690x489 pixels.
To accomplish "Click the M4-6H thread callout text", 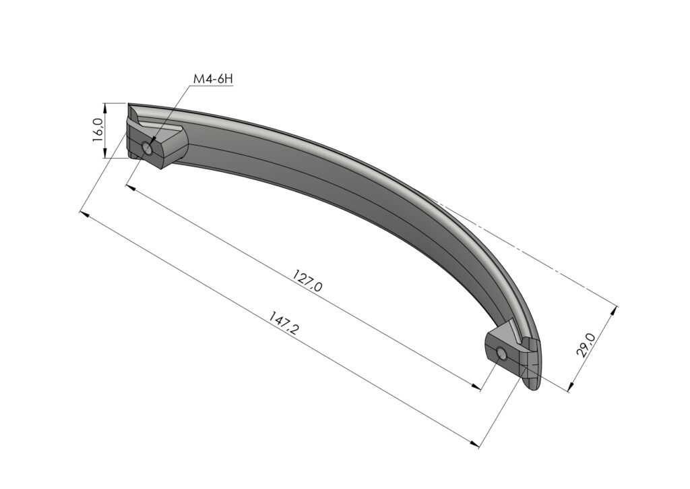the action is pyautogui.click(x=213, y=79).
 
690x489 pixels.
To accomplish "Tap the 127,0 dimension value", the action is pyautogui.click(x=307, y=281).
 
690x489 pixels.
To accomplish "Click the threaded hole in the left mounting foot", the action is pyautogui.click(x=148, y=148).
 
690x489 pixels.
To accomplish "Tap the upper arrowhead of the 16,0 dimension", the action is pyautogui.click(x=104, y=107).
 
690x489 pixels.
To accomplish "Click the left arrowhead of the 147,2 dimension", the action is pyautogui.click(x=84, y=214).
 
